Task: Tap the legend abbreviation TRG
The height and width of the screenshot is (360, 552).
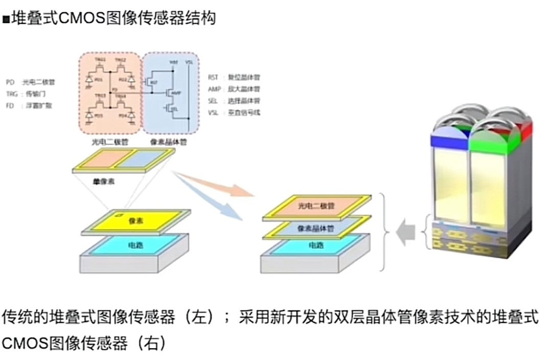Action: point(12,94)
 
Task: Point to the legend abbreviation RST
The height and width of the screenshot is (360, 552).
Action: point(213,77)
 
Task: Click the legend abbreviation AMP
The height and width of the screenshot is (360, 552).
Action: point(214,89)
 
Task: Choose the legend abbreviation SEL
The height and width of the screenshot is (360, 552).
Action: point(213,101)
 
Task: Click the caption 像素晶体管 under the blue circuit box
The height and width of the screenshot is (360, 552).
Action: point(168,142)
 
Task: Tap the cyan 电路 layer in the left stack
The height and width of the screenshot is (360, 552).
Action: point(135,245)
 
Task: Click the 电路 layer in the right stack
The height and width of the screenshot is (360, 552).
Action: point(315,245)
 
